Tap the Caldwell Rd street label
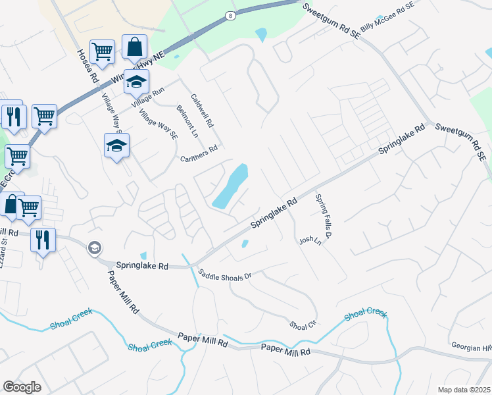(x=202, y=110)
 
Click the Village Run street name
(x=147, y=97)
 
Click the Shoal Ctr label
(x=303, y=325)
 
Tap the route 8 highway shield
(x=230, y=14)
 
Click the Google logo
(x=22, y=386)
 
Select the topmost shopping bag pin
(x=134, y=47)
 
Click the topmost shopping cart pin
(x=102, y=51)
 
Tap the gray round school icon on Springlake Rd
(x=94, y=247)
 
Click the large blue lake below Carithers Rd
(x=230, y=186)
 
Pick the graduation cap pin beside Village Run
(x=137, y=82)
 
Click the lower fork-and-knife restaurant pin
(x=43, y=239)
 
